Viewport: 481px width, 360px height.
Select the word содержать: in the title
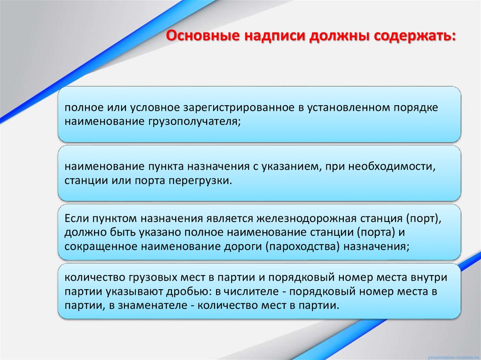click(x=414, y=36)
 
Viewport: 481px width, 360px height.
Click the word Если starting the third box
click(x=75, y=219)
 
